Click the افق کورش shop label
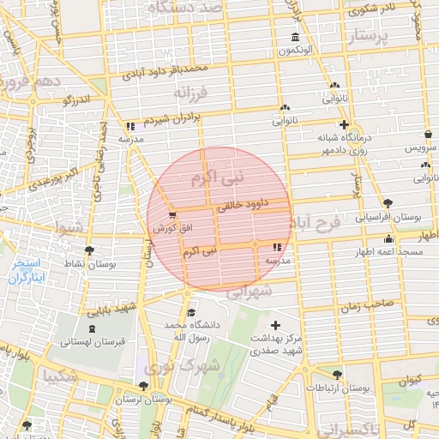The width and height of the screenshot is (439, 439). click(x=171, y=229)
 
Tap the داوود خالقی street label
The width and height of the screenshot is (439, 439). click(x=245, y=205)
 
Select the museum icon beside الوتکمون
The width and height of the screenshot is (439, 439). click(x=295, y=38)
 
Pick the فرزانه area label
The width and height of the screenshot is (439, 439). click(x=191, y=92)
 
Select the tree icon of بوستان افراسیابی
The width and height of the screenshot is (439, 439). click(x=389, y=203)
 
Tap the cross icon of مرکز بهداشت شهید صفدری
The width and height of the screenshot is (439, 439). click(x=275, y=325)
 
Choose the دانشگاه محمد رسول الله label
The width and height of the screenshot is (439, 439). click(x=192, y=332)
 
